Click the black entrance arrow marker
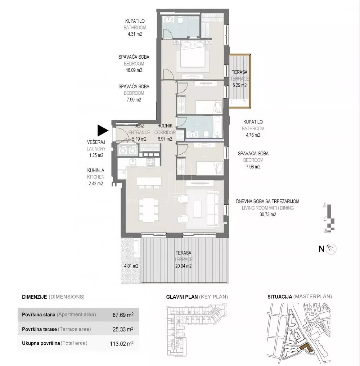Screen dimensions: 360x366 tap(102, 130)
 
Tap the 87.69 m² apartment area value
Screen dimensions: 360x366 tap(123, 315)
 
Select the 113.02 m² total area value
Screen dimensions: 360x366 tap(122, 343)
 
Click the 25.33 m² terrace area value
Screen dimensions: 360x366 tap(123, 329)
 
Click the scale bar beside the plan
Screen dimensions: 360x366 tap(330, 218)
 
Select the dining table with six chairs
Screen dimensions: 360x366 tap(148, 209)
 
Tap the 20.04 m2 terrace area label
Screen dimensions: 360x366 tap(183, 266)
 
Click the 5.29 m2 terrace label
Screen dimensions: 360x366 tap(239, 85)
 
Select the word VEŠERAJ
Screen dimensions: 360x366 tap(96, 142)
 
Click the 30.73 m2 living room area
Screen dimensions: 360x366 tap(267, 214)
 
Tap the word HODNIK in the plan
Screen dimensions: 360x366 tap(165, 126)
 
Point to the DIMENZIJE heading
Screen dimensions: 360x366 tap(34, 297)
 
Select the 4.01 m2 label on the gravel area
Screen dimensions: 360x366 tap(131, 266)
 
